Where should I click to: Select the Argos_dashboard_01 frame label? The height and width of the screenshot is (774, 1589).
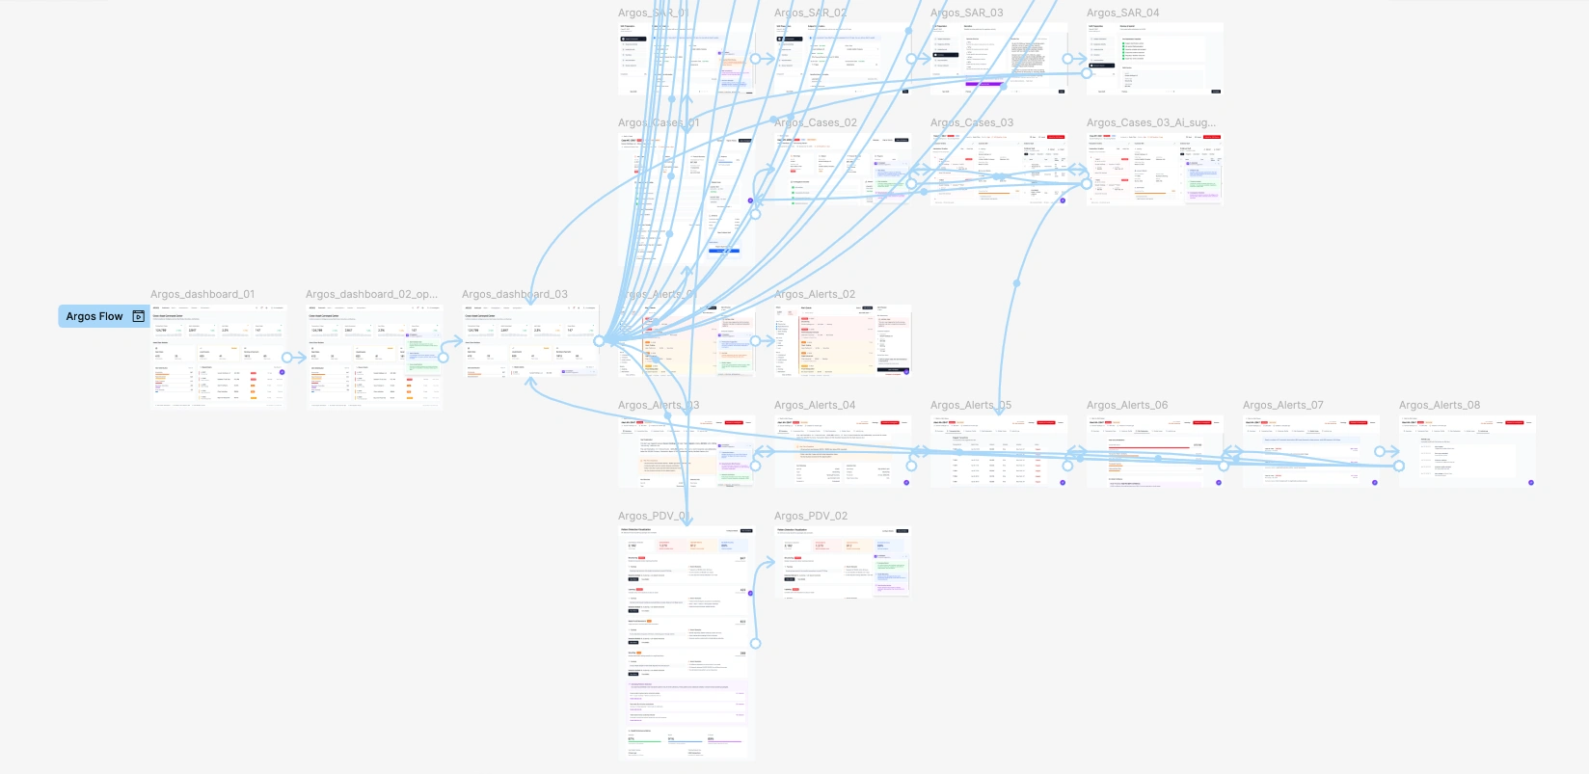202,294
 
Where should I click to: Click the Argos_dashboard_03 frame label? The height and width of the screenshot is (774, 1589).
514,294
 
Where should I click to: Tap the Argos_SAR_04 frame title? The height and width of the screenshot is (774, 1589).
1122,13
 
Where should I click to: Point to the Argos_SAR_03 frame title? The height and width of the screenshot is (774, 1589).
966,13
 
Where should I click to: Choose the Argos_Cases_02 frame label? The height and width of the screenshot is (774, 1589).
815,122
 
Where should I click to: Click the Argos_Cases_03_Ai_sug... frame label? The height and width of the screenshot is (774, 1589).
1150,122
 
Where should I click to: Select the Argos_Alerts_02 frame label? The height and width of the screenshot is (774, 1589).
814,294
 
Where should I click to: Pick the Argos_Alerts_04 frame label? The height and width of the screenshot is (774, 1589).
814,405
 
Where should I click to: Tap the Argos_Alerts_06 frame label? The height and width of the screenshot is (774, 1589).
1126,405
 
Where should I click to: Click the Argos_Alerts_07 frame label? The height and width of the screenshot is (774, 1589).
1282,405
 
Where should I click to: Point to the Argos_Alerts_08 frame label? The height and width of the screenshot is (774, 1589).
1439,405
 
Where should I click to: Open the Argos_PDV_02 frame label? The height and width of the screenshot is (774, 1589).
810,516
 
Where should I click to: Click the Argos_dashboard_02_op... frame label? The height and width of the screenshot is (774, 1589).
371,294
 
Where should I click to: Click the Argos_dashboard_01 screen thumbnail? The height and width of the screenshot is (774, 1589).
218,357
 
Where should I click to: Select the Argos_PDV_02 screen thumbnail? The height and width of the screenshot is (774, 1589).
842,562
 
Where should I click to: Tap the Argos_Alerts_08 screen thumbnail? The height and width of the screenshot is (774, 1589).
1467,451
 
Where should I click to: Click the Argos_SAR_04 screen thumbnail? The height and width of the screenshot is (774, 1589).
1154,59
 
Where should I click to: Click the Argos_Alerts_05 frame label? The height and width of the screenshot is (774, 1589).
970,405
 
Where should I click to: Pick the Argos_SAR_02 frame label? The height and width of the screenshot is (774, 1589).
810,13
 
